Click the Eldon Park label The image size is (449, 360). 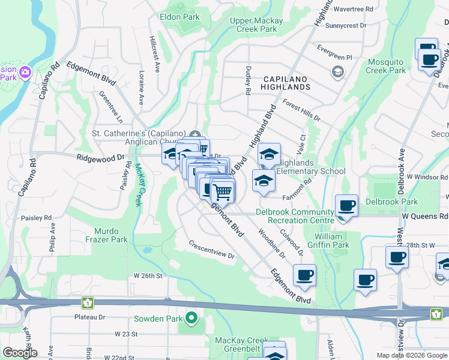click(180, 17)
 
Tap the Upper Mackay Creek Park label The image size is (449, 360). click(256, 25)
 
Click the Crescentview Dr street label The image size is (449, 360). click(211, 250)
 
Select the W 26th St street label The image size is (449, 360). click(148, 276)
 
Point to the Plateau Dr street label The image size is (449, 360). click(89, 317)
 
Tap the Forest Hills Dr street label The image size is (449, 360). click(301, 110)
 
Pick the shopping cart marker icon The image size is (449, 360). click(223, 192)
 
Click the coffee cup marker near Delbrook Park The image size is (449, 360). click(346, 205)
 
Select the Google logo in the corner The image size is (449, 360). click(20, 353)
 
